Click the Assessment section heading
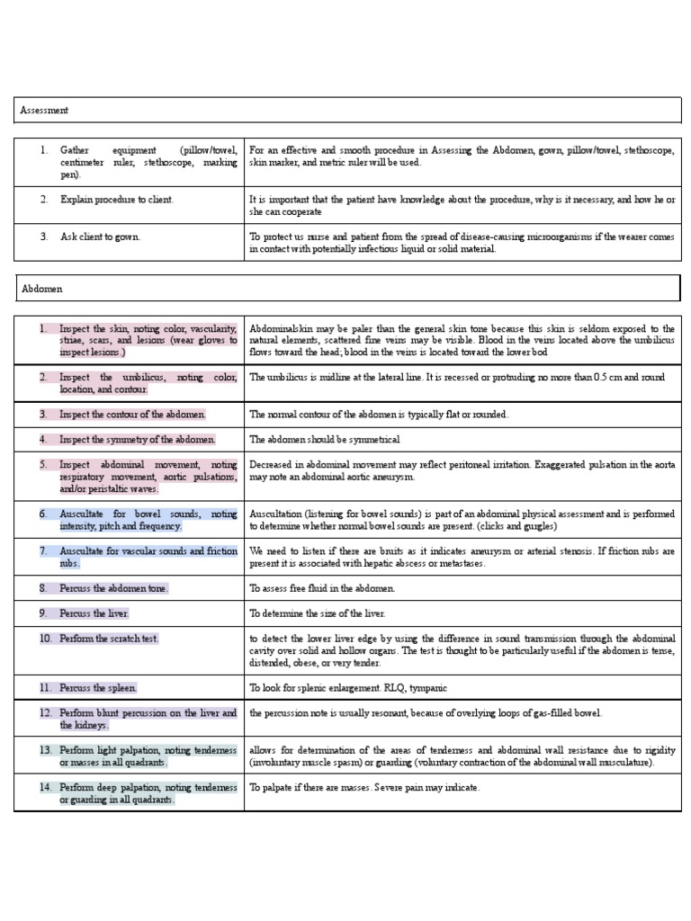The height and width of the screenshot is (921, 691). pyautogui.click(x=44, y=110)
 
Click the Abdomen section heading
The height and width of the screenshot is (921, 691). pyautogui.click(x=41, y=289)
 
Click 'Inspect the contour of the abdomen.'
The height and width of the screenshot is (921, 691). pyautogui.click(x=132, y=415)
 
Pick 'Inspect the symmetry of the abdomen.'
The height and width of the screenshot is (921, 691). pyautogui.click(x=138, y=440)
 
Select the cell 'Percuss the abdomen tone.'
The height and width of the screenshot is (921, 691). pyautogui.click(x=114, y=588)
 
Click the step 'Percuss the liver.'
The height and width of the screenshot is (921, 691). pyautogui.click(x=94, y=613)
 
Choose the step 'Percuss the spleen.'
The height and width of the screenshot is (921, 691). pyautogui.click(x=98, y=688)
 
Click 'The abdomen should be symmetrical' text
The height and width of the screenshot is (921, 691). pyautogui.click(x=324, y=440)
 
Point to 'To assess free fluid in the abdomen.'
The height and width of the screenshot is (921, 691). pyautogui.click(x=322, y=588)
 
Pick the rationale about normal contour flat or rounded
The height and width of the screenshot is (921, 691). pyautogui.click(x=379, y=415)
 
